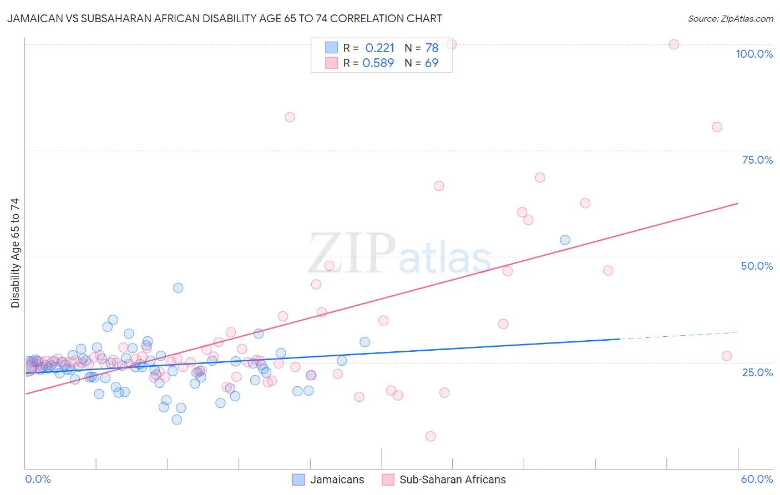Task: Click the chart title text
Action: [x=225, y=18]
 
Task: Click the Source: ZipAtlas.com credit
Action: [x=730, y=18]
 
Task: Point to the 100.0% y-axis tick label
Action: [x=754, y=54]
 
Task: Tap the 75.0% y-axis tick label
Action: [x=757, y=160]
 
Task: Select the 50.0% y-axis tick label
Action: [x=757, y=266]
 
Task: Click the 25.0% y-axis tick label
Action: [x=757, y=372]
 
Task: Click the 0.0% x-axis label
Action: [x=38, y=479]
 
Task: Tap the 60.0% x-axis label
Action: [x=757, y=479]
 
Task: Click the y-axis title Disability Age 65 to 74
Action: [x=15, y=252]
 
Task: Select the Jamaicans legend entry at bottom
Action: [x=328, y=479]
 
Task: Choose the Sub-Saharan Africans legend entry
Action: [x=444, y=479]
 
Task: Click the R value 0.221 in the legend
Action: [x=379, y=48]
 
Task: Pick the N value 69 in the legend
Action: [x=431, y=63]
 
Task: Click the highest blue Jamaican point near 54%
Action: [x=565, y=240]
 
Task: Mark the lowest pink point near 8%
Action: [x=430, y=436]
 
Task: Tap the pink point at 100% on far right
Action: [x=673, y=44]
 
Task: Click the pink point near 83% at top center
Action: [x=290, y=117]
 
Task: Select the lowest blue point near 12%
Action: [x=177, y=420]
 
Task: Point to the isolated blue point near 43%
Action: [x=178, y=287]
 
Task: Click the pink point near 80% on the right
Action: [x=717, y=127]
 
